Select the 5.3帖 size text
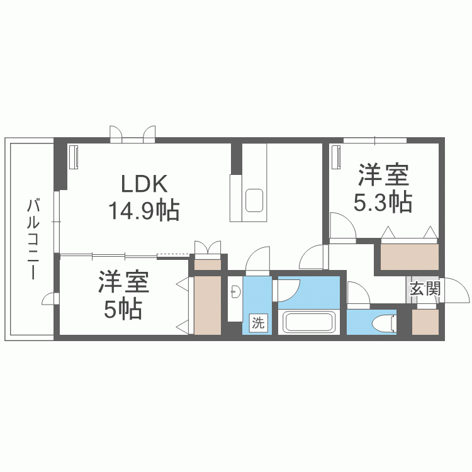click(383, 203)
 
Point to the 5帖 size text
click(123, 310)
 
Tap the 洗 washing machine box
click(258, 323)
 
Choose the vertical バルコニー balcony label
click(32, 240)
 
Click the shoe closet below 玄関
click(425, 323)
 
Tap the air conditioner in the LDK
click(73, 157)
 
